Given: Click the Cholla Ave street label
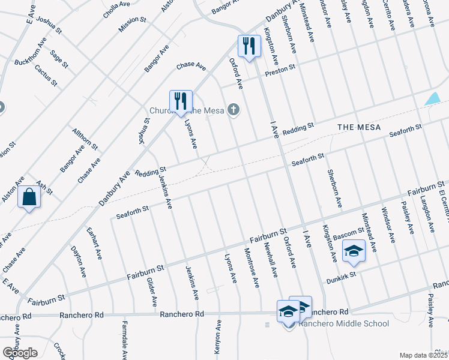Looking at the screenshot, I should pos(116,10).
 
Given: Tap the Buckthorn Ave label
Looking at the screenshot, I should pos(31,53).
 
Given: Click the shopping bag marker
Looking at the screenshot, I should pos(29,197).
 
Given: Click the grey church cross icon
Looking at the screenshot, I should pos(234,109).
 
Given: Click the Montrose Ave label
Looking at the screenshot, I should pos(252,268).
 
